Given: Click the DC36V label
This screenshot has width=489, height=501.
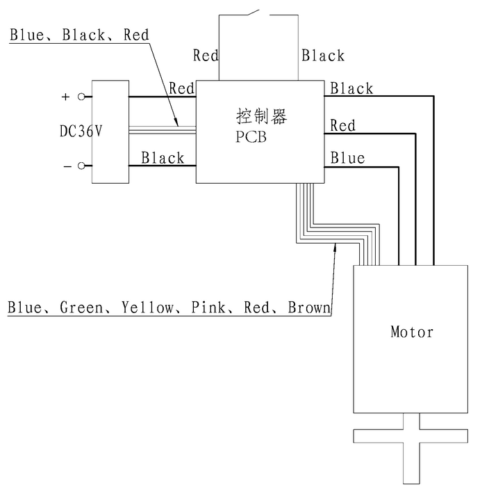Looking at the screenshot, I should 81,131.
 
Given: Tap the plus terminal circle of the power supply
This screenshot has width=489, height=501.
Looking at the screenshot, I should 81,97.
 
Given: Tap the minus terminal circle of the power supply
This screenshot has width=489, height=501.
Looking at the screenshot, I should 81,166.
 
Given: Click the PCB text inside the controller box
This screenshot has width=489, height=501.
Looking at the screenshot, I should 251,136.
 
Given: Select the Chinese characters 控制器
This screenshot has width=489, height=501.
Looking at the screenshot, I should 261,116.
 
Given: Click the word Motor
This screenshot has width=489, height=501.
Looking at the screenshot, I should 412,332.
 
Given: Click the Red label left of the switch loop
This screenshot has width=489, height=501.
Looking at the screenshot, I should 206,55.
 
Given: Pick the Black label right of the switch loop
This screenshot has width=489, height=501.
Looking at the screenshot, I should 323,55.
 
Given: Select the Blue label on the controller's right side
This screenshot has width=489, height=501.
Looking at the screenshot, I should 347,158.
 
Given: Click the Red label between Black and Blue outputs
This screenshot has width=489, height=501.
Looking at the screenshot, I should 342,126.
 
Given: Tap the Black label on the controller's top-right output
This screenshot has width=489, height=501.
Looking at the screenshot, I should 351,88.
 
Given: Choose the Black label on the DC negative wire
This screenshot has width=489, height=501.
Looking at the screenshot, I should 163,158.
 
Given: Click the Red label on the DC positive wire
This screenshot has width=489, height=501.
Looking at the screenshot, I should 181,88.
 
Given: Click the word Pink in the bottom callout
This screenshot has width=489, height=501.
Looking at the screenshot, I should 209,307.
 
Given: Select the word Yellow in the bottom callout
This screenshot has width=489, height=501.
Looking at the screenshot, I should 147,307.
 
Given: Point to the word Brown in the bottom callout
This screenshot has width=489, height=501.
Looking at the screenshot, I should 308,307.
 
